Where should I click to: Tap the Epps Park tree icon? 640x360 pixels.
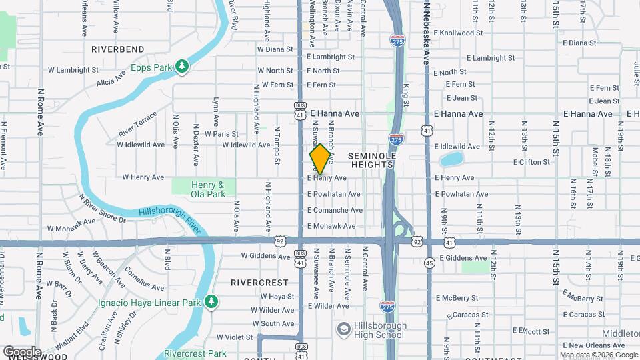[181, 65]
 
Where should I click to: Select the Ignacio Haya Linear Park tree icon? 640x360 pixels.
[211, 302]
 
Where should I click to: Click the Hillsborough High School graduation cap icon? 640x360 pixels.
[343, 329]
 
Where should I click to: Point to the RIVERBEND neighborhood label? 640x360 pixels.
[118, 49]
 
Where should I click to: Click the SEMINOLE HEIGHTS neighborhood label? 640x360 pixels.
[373, 161]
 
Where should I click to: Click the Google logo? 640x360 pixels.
[22, 351]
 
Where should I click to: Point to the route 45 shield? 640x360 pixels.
[429, 263]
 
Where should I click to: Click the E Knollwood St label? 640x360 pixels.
[458, 33]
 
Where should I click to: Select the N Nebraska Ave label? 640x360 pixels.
[425, 33]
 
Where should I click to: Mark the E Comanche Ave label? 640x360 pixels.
[335, 210]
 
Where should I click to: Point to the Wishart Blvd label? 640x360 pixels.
[73, 337]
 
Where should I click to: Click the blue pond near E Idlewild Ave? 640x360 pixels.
[451, 159]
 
